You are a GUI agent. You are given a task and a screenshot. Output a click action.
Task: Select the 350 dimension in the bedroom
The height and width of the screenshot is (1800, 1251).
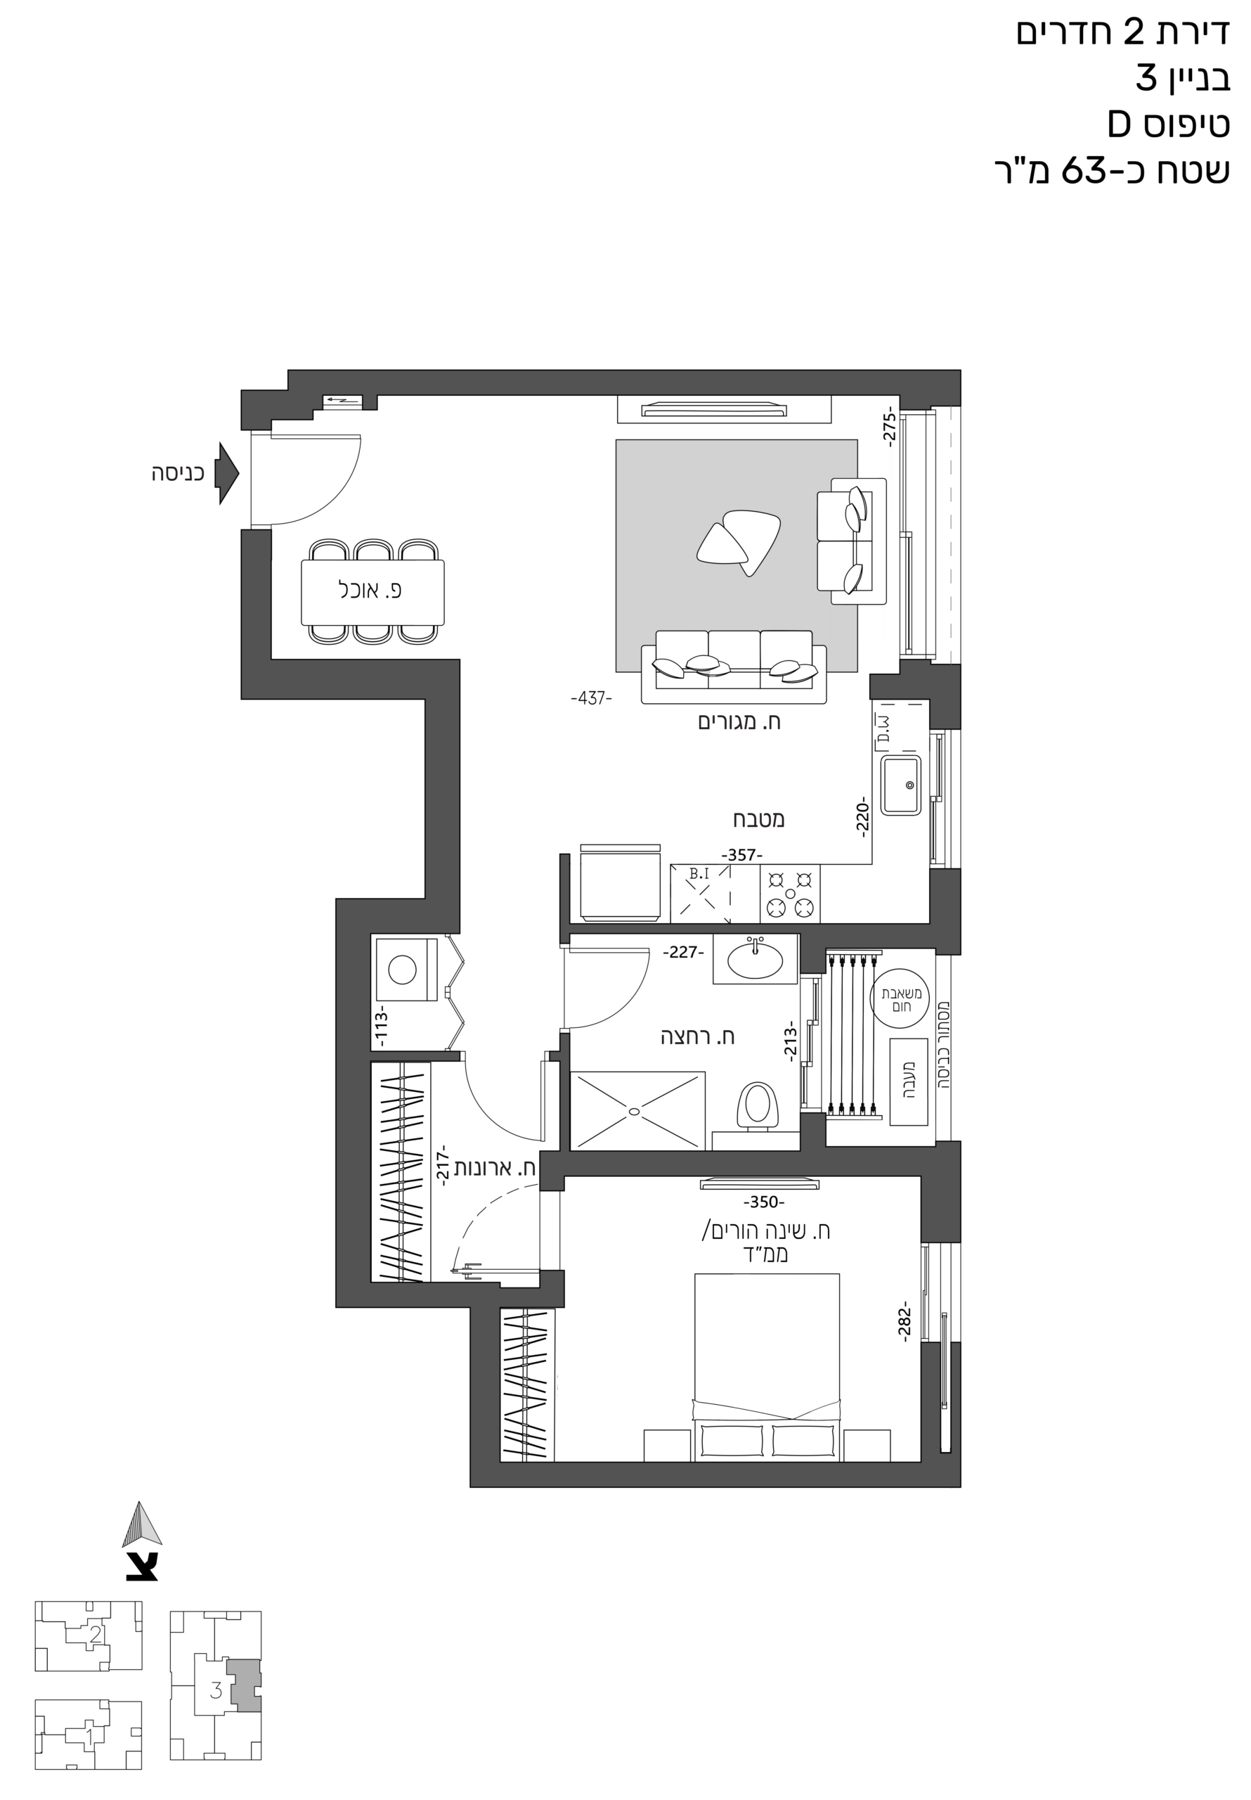point(763,1202)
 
